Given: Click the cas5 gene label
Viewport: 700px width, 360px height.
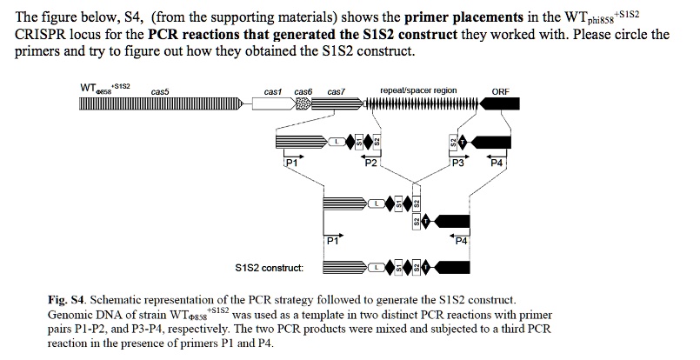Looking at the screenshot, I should coord(160,91).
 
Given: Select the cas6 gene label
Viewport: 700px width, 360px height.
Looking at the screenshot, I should coord(303,91).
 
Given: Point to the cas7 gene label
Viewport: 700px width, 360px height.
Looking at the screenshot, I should coord(336,91).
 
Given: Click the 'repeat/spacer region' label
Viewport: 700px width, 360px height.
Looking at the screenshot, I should coord(418,90).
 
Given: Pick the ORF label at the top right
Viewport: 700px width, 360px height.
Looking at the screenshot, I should coord(501,91).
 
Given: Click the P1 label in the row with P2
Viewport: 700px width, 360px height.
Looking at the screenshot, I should coord(291,163).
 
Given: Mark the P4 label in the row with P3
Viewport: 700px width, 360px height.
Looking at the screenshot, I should coord(497,163).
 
